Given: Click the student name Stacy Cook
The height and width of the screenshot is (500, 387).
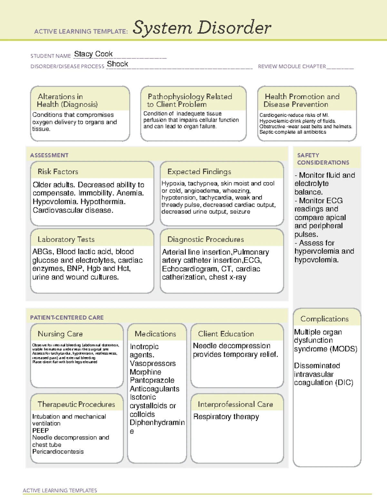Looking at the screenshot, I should tap(93, 54).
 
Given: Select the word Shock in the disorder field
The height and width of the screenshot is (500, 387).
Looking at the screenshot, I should tap(117, 64).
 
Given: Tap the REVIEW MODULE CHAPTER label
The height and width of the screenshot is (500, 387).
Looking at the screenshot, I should tap(292, 66).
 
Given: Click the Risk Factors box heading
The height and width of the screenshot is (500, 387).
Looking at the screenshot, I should tap(58, 172).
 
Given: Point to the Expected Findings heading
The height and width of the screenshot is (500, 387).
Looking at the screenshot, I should tap(199, 172).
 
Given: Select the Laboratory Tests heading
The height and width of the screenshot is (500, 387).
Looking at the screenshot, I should tap(66, 239).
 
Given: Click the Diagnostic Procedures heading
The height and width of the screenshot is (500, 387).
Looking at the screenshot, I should tap(205, 239).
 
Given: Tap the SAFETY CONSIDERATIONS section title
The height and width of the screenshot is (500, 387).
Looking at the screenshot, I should tap(323, 159).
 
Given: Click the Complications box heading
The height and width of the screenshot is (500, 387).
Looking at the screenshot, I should tap(324, 319).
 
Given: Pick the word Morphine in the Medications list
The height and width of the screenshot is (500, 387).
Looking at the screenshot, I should tap(145, 372).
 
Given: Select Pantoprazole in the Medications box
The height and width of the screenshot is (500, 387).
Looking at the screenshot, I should tap(152, 381).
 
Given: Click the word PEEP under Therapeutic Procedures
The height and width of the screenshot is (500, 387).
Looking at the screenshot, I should tap(40, 430).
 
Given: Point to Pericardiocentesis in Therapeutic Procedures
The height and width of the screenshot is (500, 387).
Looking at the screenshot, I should tap(58, 452).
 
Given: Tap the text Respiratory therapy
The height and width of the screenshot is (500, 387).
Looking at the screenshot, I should tap(226, 417).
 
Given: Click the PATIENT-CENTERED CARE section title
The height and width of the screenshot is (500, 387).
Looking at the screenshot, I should tap(67, 317).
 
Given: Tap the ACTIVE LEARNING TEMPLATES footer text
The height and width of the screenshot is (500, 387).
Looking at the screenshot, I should tap(60, 490).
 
